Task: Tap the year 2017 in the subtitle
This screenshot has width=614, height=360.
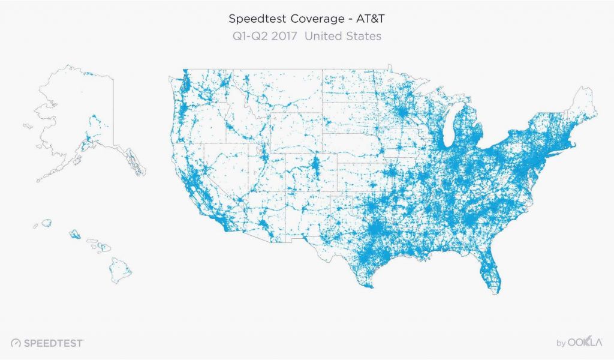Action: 285,36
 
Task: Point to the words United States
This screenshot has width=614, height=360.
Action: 343,36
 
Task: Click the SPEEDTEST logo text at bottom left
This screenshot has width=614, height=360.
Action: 53,343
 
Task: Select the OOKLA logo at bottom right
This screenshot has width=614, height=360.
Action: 585,343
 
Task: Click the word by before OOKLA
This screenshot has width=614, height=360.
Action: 561,344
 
